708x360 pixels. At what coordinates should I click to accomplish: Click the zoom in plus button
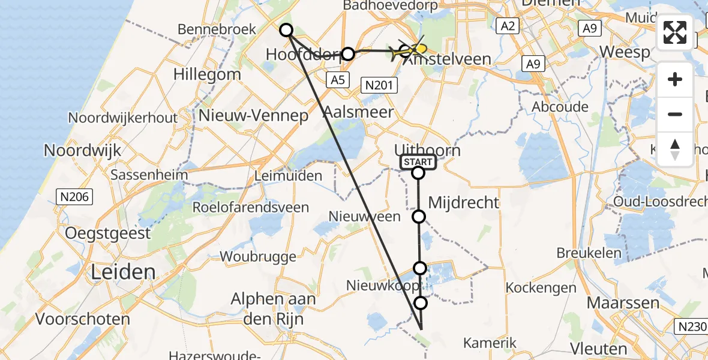[x=675, y=80]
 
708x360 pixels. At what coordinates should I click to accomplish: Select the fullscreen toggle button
[x=675, y=32]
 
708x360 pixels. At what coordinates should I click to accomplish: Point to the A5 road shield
[x=337, y=79]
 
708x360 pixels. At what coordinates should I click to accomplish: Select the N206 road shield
[x=74, y=196]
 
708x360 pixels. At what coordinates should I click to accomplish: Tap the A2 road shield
[x=507, y=25]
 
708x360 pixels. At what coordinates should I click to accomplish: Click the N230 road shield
[x=691, y=326]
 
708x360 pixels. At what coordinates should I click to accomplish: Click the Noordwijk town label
[x=82, y=150]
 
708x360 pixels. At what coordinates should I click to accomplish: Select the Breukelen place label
[x=589, y=253]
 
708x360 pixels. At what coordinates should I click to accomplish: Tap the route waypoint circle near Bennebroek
[x=286, y=30]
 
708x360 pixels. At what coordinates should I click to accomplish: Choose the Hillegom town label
[x=207, y=75]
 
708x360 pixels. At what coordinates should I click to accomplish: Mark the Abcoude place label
[x=560, y=106]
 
